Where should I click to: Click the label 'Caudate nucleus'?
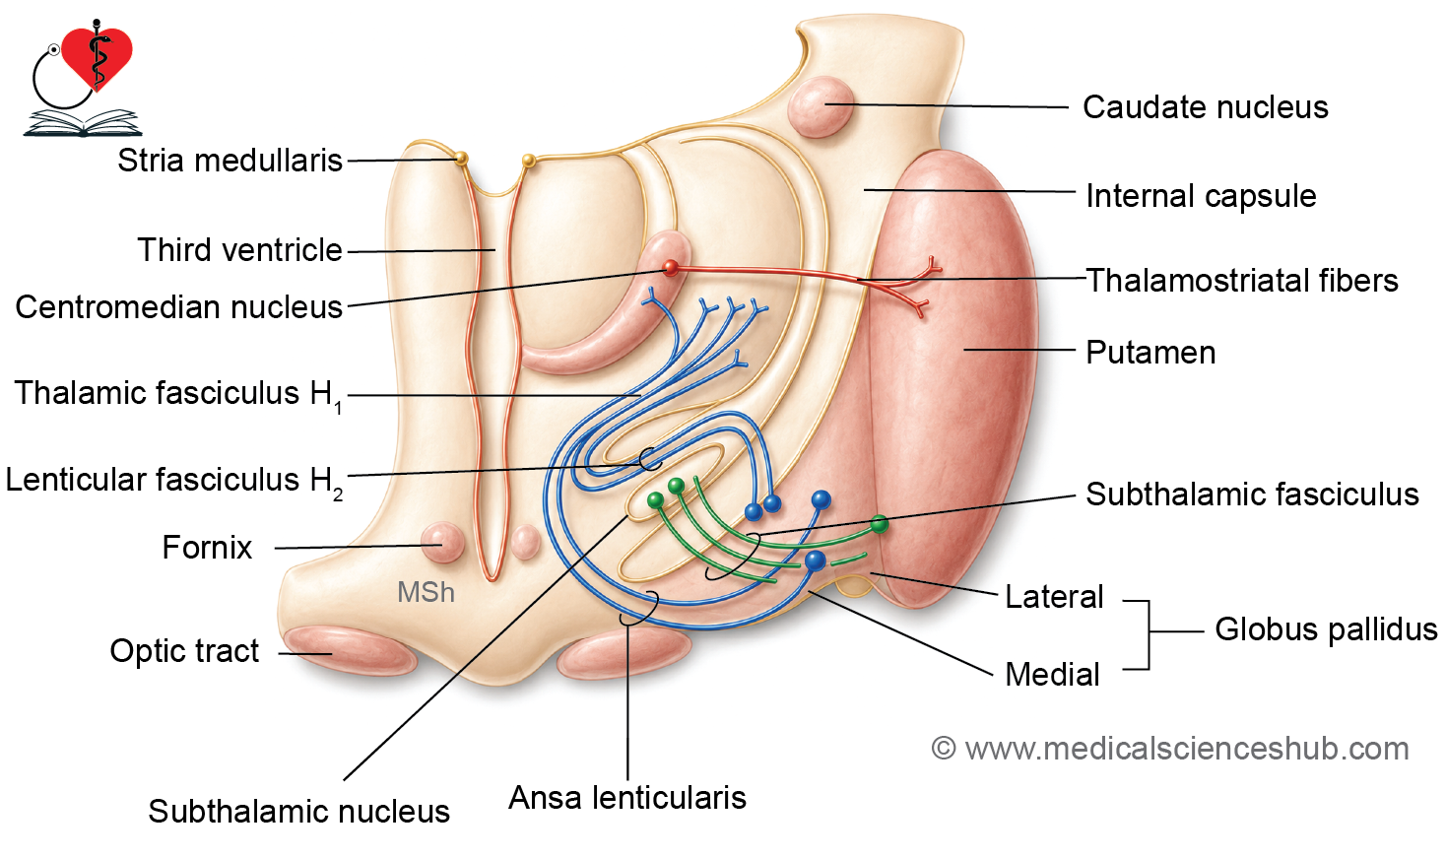click(x=1205, y=107)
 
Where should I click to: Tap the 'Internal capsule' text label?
click(x=1201, y=195)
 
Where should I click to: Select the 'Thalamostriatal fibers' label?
click(x=1242, y=281)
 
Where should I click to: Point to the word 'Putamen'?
click(x=1150, y=353)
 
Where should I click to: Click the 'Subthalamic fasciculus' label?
click(x=1252, y=495)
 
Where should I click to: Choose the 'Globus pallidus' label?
click(x=1326, y=629)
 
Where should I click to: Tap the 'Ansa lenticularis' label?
click(x=627, y=797)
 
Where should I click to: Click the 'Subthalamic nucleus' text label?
click(x=298, y=811)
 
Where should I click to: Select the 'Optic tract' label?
click(x=184, y=650)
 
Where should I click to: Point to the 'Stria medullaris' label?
click(x=230, y=160)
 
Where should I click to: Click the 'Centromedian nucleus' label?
click(x=178, y=307)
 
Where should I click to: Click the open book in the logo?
click(x=83, y=122)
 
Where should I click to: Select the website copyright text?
click(x=1169, y=749)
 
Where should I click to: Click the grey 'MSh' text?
click(x=426, y=592)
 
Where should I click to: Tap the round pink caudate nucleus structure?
click(x=821, y=106)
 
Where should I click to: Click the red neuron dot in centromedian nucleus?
click(x=671, y=267)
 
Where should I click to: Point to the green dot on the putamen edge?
click(x=880, y=524)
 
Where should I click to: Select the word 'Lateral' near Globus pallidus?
click(x=1054, y=597)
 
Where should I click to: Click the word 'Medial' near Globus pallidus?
click(x=1052, y=675)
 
